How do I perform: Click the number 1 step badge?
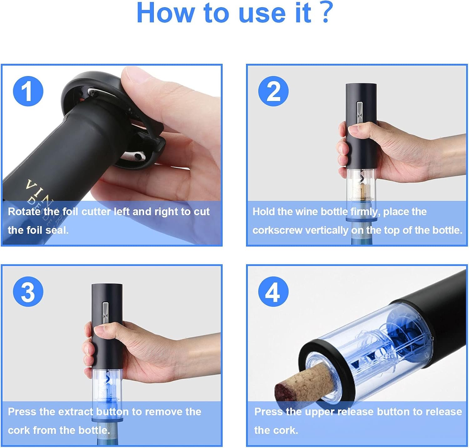tap(28, 91)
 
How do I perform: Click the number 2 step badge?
tap(273, 91)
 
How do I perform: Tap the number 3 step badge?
tap(28, 292)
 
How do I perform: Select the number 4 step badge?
tap(273, 292)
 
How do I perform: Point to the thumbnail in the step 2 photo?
tap(354, 129)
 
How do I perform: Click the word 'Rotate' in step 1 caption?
tap(24, 212)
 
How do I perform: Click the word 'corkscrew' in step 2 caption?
tap(278, 231)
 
